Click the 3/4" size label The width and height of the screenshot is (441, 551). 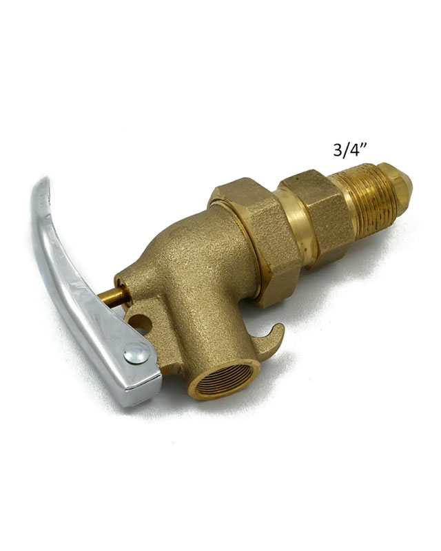click(x=350, y=150)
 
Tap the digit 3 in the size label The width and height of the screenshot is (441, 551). click(x=338, y=150)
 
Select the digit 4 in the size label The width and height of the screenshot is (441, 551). click(x=354, y=150)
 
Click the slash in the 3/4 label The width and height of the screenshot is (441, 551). click(x=345, y=150)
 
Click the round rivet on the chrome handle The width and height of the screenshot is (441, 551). click(x=136, y=353)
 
